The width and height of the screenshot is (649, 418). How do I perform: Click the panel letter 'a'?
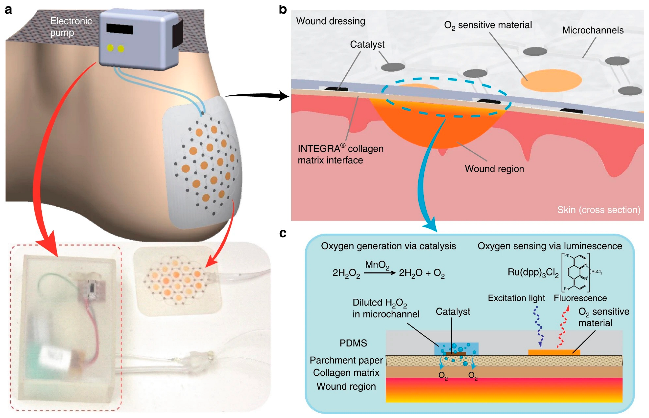pos(8,10)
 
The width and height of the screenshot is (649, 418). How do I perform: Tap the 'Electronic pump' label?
pos(71,27)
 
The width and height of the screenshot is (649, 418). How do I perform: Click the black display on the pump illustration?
pos(119,29)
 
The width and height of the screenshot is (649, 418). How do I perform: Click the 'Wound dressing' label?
pos(330,21)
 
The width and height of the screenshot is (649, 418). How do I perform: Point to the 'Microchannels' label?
pos(592,30)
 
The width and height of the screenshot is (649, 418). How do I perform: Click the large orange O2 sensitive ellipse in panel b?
pos(551,80)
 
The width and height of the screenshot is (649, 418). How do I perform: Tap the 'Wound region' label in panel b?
pos(494,169)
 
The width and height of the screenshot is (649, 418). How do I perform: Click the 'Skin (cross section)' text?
pos(599,210)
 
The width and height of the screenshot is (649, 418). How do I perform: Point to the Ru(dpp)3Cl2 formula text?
pos(533,272)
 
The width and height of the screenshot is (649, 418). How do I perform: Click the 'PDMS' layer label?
pos(353,343)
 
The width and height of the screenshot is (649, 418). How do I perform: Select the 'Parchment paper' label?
pos(346,361)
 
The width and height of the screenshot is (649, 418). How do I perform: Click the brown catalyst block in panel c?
pos(456,354)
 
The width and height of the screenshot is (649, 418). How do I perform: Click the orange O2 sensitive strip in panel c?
pos(554,352)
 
